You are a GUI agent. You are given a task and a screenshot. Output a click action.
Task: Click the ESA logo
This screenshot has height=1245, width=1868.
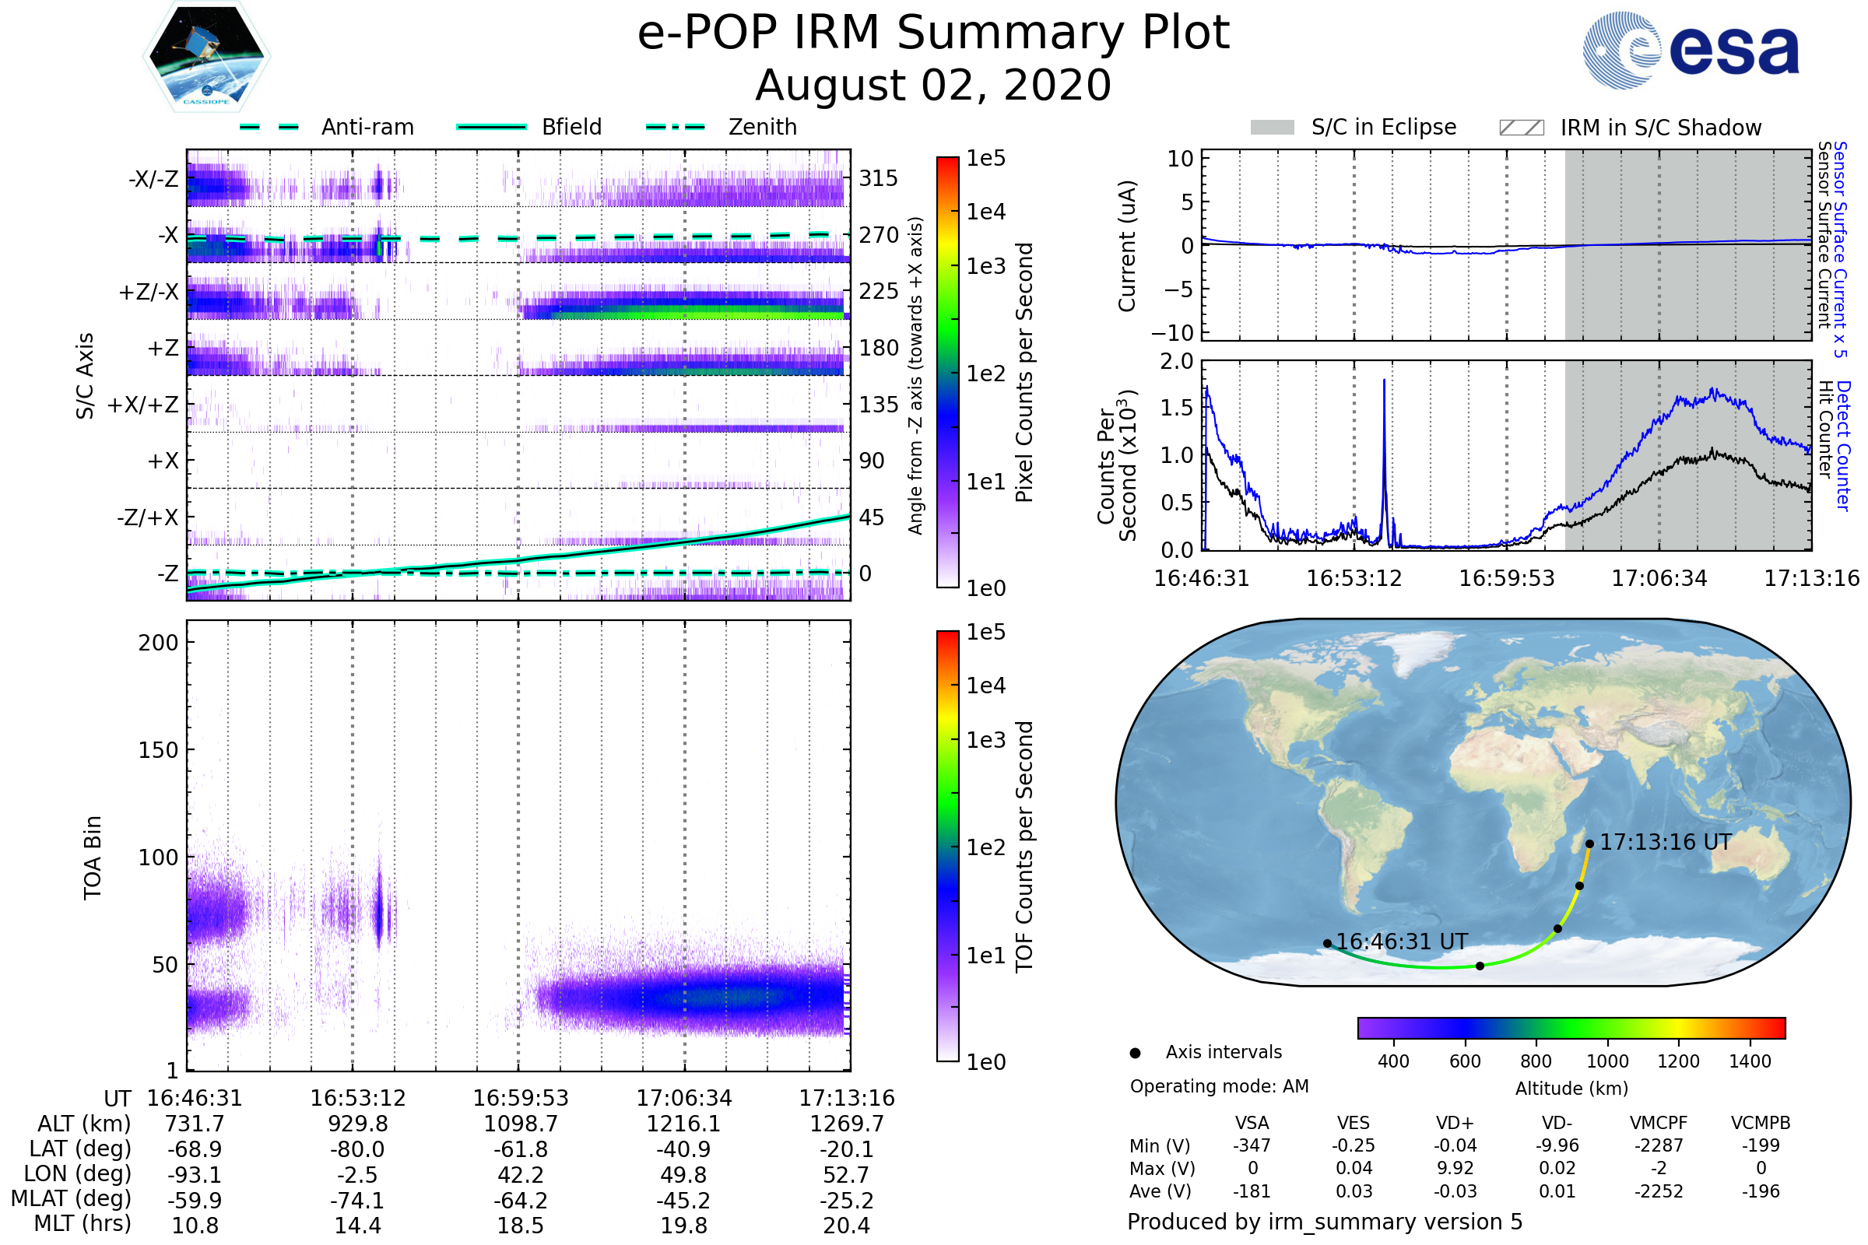(x=1691, y=50)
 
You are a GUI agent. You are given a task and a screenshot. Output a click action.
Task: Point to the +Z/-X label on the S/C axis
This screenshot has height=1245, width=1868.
(x=149, y=293)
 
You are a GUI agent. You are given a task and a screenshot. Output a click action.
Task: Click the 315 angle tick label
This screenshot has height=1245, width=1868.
(x=878, y=178)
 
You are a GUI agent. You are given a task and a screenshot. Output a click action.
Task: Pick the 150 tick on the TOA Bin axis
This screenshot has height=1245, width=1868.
(x=158, y=750)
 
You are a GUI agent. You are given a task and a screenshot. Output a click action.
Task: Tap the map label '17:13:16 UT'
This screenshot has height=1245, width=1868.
(x=1665, y=843)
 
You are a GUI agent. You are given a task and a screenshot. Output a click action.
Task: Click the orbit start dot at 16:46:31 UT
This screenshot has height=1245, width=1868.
(x=1327, y=943)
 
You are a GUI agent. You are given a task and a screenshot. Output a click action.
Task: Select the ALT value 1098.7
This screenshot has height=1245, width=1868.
(x=521, y=1124)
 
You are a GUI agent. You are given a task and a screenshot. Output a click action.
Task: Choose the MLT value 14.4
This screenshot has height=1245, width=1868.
(x=357, y=1225)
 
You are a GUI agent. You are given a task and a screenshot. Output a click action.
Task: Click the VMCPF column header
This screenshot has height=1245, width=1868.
(x=1659, y=1123)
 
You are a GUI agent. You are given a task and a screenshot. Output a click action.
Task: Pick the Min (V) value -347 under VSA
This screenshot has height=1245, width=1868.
(x=1252, y=1145)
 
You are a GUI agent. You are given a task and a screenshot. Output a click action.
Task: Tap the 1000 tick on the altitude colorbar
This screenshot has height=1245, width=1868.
(x=1607, y=1061)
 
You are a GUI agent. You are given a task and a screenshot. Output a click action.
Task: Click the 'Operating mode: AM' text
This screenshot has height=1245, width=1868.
(x=1219, y=1086)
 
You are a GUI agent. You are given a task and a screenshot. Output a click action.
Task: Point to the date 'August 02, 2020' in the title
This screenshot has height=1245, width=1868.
(x=933, y=86)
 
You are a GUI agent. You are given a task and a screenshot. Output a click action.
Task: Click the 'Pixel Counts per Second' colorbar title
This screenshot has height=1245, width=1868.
(x=1024, y=373)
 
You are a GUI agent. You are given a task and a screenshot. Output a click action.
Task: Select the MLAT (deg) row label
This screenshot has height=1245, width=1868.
(x=72, y=1199)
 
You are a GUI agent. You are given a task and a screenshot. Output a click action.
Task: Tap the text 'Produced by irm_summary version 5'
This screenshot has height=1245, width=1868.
(x=1325, y=1222)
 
